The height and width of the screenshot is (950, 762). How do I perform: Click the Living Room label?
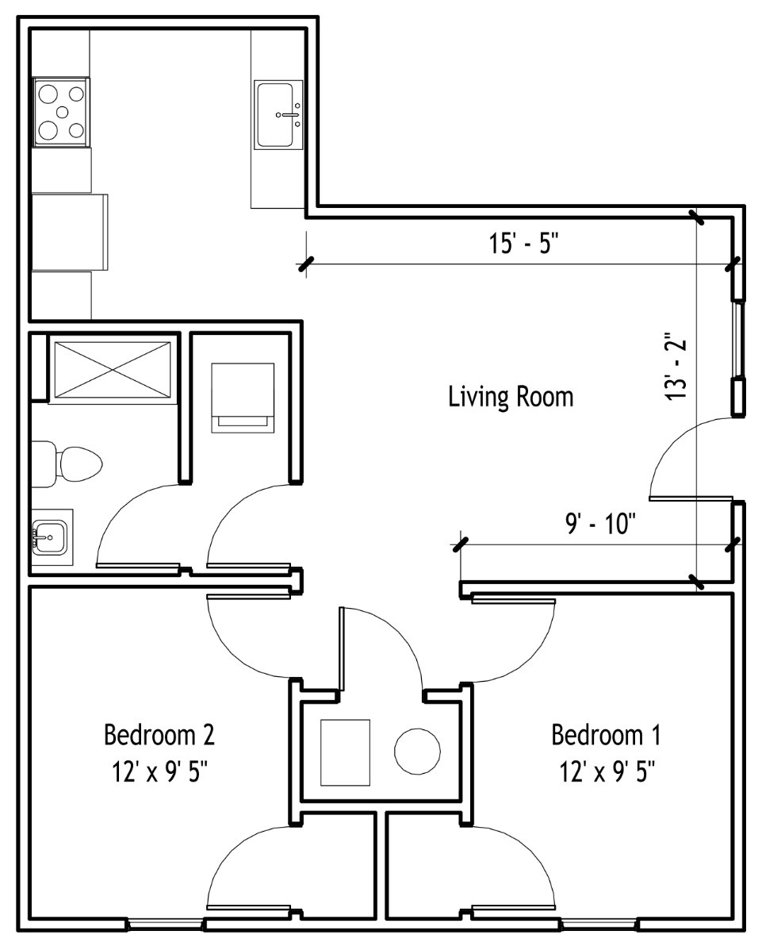click(511, 397)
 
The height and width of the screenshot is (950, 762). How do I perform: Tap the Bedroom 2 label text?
click(159, 734)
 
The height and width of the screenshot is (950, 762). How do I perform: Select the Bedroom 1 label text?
click(606, 734)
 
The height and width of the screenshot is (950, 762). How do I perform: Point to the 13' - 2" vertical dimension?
click(676, 365)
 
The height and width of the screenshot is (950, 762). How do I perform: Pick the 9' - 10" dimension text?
click(601, 523)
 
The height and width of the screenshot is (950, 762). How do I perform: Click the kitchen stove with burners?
click(61, 112)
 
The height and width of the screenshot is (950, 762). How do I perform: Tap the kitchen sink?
click(278, 114)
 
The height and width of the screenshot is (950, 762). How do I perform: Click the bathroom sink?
click(50, 537)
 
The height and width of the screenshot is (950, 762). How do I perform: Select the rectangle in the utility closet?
click(345, 752)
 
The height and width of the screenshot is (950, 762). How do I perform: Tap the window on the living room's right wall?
click(737, 340)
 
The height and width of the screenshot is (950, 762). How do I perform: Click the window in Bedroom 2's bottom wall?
click(165, 925)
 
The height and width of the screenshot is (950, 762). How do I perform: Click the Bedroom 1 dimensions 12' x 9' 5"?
click(607, 772)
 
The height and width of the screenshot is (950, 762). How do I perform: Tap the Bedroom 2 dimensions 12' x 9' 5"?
click(160, 772)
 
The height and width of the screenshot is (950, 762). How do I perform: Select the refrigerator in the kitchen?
click(69, 232)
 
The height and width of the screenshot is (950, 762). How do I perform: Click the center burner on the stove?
click(62, 112)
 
